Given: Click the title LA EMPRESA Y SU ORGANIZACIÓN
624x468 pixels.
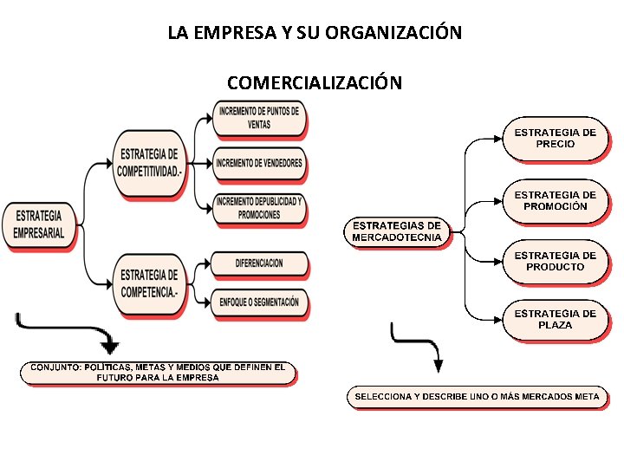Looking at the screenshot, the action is [315, 34].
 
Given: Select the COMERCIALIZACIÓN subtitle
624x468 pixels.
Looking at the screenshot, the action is [314, 83].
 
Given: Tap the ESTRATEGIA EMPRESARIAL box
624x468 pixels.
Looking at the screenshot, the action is [39, 224].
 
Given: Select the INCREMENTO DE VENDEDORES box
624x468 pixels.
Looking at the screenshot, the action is [260, 163].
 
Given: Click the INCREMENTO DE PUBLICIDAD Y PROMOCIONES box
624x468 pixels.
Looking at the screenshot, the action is [259, 208].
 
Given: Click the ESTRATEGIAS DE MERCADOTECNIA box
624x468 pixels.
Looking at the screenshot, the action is [397, 231].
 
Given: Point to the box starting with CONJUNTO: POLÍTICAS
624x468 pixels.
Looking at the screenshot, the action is [158, 373].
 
